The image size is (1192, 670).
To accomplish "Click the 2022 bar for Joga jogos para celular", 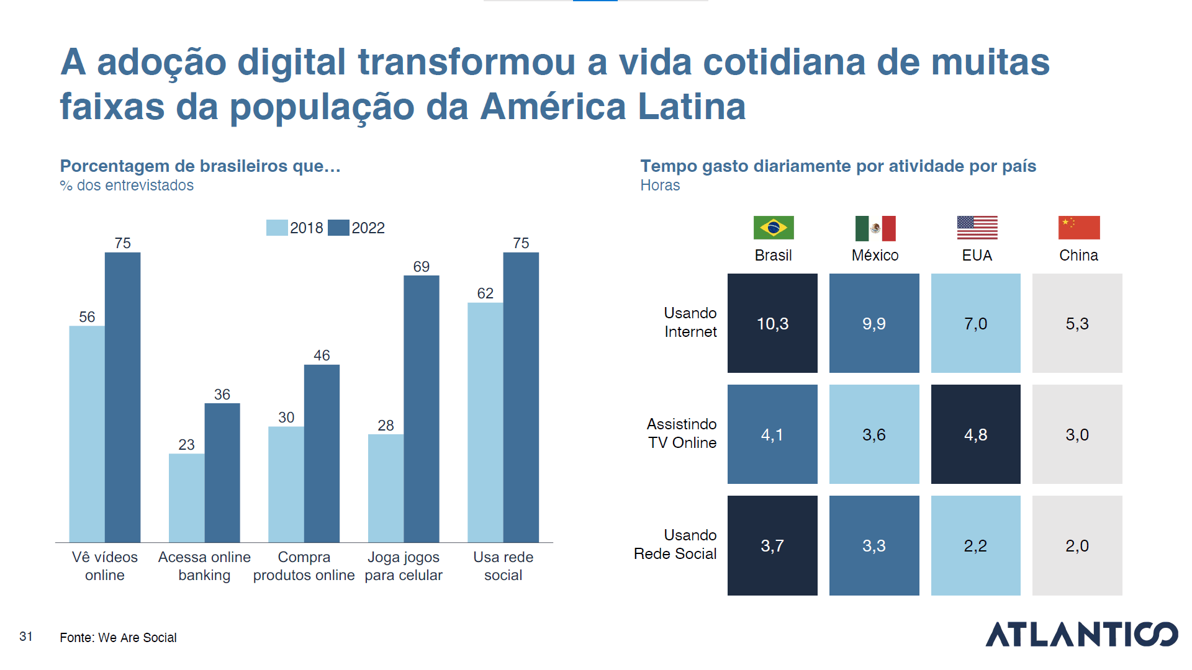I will (421, 409).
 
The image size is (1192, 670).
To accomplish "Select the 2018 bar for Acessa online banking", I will (186, 498).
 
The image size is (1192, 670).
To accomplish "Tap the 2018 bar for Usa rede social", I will (485, 422).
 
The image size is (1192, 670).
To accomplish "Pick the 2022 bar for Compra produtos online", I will (322, 453).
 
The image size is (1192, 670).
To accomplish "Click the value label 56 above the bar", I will (87, 317).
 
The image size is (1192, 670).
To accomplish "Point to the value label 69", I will (421, 267).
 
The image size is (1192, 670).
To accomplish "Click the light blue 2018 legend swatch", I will (277, 228).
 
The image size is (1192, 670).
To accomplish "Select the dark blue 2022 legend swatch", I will (338, 228).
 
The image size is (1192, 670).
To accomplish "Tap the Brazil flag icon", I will (773, 228).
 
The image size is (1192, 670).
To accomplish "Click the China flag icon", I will (1078, 228).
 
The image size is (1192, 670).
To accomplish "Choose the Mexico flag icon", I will (875, 228).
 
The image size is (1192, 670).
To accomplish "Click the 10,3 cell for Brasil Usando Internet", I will (772, 323).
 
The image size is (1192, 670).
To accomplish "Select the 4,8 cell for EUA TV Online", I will (975, 434).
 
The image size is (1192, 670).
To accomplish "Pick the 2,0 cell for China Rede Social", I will (1077, 545).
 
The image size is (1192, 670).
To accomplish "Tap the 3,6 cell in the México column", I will (874, 434).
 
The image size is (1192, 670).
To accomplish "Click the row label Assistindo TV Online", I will (682, 433).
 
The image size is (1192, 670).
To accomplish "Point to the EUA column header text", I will (977, 255).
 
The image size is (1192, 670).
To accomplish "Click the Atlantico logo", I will (1081, 634).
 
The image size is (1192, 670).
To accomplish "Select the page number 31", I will (26, 636).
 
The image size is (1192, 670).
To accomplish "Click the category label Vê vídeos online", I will (105, 566).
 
